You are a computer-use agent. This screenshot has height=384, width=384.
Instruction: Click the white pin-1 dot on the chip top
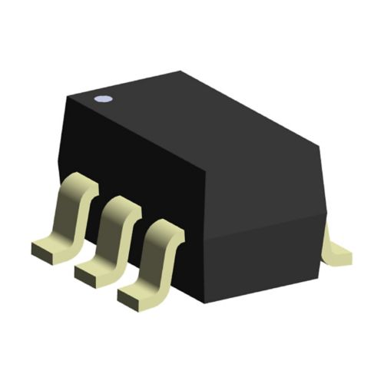point(101,98)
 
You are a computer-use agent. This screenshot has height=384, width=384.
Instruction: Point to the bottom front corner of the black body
point(202,302)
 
